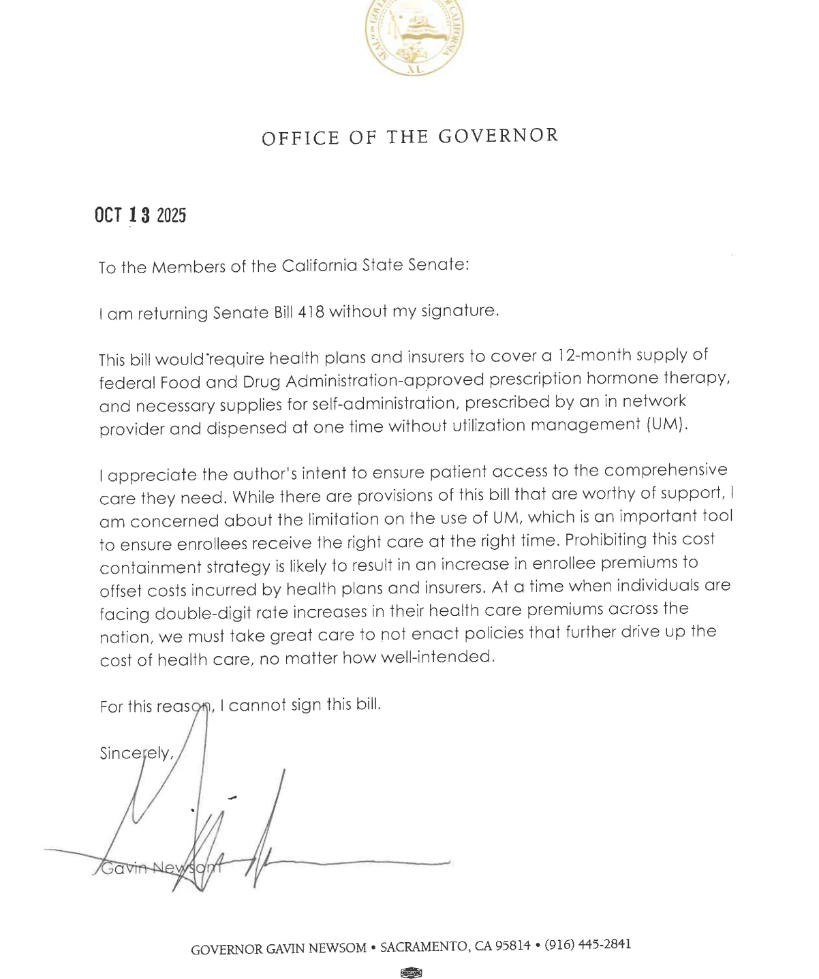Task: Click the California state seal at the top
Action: [x=414, y=35]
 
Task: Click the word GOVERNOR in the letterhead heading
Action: [x=498, y=136]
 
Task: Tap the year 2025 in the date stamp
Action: [x=171, y=216]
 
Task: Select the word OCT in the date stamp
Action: [x=108, y=215]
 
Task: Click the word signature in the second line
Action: [x=460, y=311]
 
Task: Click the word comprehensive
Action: [x=666, y=470]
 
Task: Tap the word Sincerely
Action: [x=136, y=753]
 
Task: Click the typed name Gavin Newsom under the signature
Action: [x=160, y=868]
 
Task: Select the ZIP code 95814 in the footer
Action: [x=512, y=946]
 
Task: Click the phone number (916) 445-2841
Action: [x=587, y=944]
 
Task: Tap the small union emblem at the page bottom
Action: [x=411, y=973]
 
